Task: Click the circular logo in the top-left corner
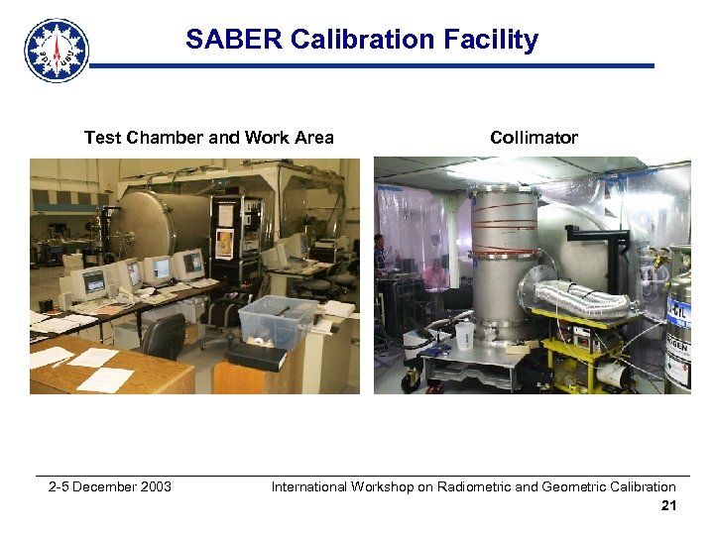pos(57,50)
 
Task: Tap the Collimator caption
pos(534,138)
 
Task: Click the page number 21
pos(668,506)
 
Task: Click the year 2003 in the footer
pos(155,486)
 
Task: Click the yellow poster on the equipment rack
pos(226,242)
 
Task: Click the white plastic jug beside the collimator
pos(464,337)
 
